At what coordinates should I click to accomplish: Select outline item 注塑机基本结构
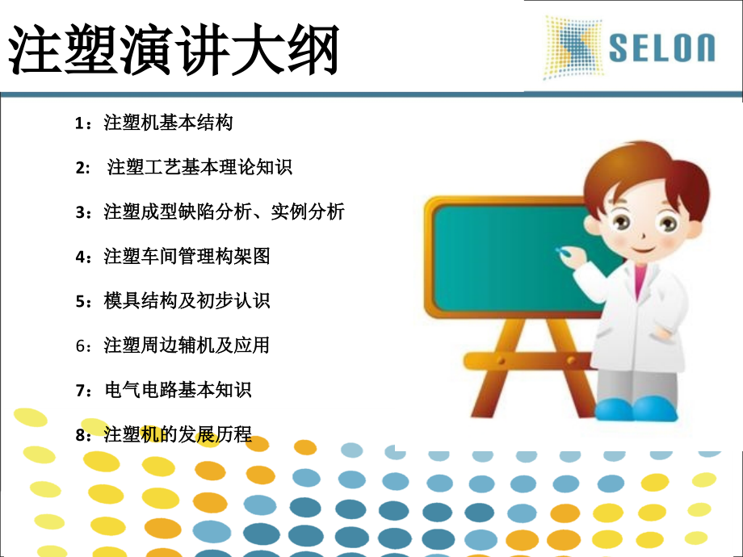pos(168,124)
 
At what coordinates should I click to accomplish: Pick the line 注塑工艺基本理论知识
pos(199,168)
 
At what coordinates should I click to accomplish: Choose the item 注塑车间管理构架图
pos(187,257)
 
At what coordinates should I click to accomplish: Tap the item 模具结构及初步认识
pos(187,301)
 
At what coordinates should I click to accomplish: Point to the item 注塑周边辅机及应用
pos(187,346)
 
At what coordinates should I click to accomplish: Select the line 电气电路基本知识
pos(178,390)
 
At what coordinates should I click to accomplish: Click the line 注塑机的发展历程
pos(178,435)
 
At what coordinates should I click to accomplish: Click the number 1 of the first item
pos(79,124)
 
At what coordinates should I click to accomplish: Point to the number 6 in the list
pos(79,346)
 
